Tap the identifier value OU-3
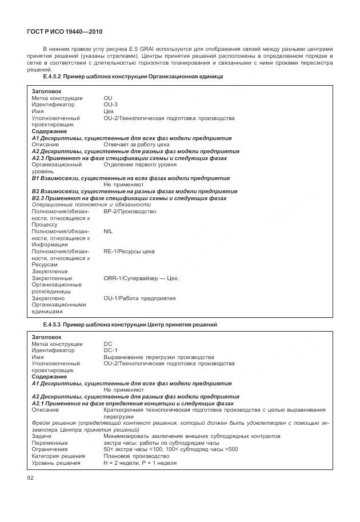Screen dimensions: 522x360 (x=111, y=105)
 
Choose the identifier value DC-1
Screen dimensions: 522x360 (x=110, y=350)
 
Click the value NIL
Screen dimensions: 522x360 (x=109, y=232)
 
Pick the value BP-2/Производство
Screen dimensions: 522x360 (x=130, y=212)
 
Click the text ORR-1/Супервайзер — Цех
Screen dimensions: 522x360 (x=141, y=278)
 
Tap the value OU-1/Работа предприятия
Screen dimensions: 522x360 (x=139, y=298)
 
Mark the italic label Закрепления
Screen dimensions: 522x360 (x=50, y=272)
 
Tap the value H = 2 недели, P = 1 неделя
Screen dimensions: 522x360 (x=140, y=463)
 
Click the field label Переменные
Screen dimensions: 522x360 (x=50, y=443)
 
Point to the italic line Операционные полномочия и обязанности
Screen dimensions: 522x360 (x=91, y=205)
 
